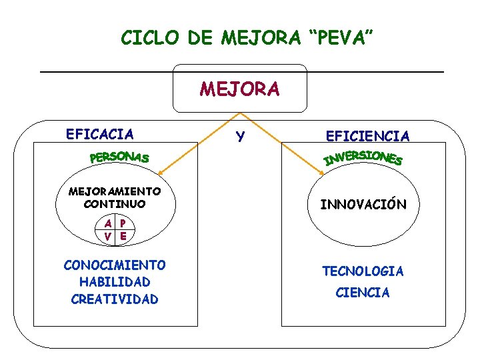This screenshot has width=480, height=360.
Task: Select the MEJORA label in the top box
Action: (x=240, y=89)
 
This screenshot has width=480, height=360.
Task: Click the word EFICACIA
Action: (x=100, y=134)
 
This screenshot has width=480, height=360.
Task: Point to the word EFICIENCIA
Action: (x=367, y=136)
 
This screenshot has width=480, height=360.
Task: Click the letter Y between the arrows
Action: (x=240, y=137)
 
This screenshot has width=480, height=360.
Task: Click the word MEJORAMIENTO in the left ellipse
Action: (x=115, y=191)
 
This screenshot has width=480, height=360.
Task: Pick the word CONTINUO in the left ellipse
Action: (x=115, y=203)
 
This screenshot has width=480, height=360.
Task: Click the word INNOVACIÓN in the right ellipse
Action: (x=363, y=204)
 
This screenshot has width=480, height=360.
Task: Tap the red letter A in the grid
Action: (x=107, y=223)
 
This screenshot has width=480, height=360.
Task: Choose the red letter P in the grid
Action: (x=123, y=223)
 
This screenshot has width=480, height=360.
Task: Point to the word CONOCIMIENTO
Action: (x=115, y=265)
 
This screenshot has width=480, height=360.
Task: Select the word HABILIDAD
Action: (x=115, y=282)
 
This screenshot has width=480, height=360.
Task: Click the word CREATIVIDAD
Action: (x=115, y=299)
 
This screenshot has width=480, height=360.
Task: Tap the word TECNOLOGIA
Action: (x=363, y=271)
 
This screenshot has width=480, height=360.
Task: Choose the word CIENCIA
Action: (x=363, y=293)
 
